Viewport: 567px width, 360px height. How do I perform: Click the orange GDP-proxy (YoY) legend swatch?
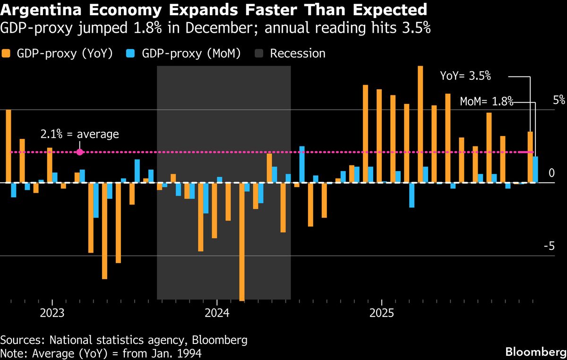pos(6,53)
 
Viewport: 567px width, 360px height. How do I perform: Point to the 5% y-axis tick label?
pos(559,100)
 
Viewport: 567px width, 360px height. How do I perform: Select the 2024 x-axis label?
pos(216,313)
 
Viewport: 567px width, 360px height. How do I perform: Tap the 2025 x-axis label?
pos(381,313)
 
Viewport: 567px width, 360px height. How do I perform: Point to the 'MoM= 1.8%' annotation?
pos(486,101)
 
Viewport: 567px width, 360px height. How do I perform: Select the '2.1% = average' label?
pos(79,134)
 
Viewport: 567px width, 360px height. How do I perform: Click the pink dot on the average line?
pos(79,152)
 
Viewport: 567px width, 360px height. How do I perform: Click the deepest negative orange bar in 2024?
pos(242,241)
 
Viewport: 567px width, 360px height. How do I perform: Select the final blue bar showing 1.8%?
pos(535,170)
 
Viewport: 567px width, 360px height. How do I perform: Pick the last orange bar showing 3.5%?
pos(530,157)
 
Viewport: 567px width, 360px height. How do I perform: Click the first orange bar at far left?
pos(9,146)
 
